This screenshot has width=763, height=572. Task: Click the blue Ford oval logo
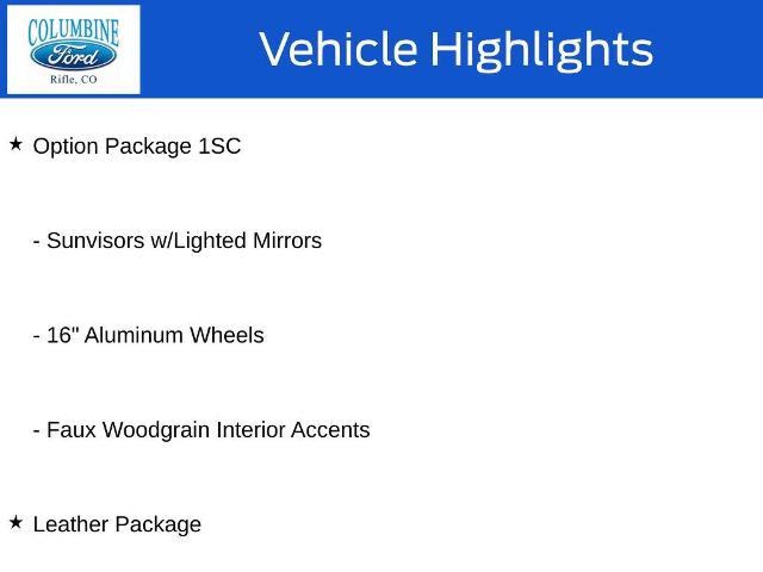tap(73, 56)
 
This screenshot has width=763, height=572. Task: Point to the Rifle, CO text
tap(73, 79)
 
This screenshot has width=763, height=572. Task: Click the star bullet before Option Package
tap(16, 144)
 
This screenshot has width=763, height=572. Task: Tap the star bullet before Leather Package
tap(16, 522)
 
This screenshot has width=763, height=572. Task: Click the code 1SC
tap(220, 146)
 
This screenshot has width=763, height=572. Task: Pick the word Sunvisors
tap(95, 241)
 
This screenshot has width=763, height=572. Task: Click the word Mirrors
tap(287, 241)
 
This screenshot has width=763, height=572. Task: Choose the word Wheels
tap(227, 335)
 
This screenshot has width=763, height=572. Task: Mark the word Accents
tap(330, 430)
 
